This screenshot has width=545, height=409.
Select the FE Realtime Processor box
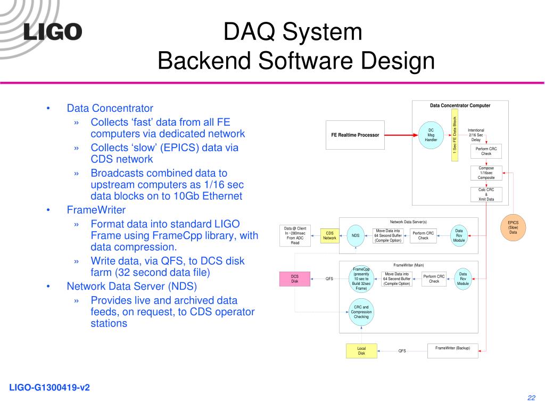coord(355,135)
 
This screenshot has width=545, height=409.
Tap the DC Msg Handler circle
coord(431,135)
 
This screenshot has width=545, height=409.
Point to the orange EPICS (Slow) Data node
coord(513,227)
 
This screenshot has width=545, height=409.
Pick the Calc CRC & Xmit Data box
coord(486,194)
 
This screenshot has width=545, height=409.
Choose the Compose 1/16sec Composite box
coord(486,173)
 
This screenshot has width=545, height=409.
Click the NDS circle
coord(356,235)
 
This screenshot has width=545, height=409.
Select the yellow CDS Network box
coord(330,235)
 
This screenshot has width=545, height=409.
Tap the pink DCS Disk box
coord(295,279)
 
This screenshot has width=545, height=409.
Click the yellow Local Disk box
coord(361,350)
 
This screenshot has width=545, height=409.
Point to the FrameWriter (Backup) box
coord(452,350)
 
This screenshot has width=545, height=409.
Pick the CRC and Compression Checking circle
coord(361,312)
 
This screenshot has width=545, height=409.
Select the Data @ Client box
coord(295,235)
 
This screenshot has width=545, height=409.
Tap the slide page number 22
coord(531,398)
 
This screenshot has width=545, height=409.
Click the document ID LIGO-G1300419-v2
coord(49,388)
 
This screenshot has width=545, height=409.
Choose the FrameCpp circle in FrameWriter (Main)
coord(361,279)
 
